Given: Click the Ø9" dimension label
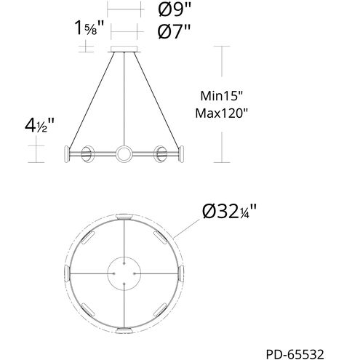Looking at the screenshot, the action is point(175,9).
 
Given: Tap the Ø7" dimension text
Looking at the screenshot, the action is point(174,31).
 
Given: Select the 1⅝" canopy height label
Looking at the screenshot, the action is point(89,28).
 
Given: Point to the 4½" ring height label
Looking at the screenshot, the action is point(40,126).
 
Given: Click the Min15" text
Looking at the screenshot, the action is point(221,96).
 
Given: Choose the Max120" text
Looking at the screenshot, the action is point(222,113).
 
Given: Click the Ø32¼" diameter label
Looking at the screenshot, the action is point(229,212).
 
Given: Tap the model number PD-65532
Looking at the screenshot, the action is point(295,354).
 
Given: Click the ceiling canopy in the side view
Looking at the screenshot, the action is point(124,49).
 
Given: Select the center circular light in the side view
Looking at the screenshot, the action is point(124,153).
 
